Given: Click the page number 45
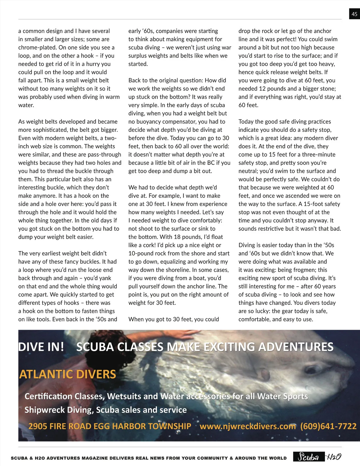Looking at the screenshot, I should pos(354,14).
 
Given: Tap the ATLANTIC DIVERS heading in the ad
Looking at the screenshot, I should pos(67,374).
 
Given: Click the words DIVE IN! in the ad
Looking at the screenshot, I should pos(41,347).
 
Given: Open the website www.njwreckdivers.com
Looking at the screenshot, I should pos(247,426).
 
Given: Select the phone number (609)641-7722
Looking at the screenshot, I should pos(328,426).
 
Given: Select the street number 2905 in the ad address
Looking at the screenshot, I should pos(37,426).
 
